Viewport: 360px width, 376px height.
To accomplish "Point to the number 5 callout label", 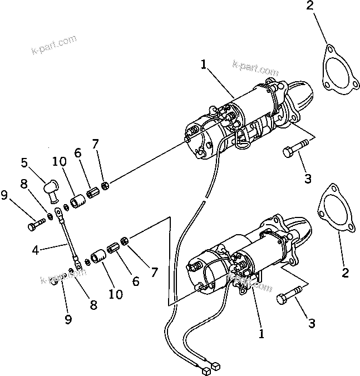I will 24,162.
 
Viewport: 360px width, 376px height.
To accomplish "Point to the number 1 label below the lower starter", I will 262,335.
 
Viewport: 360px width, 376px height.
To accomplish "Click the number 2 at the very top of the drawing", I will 309,6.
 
